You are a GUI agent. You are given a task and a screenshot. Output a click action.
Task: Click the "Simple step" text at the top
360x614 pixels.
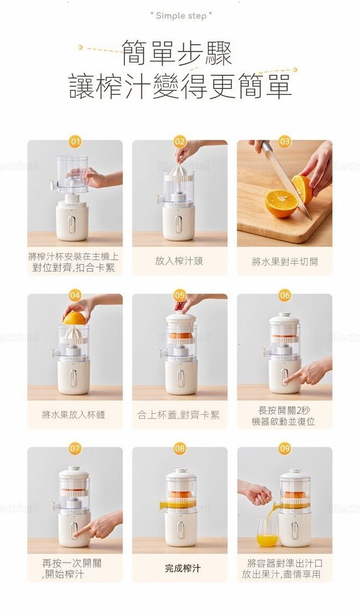181,16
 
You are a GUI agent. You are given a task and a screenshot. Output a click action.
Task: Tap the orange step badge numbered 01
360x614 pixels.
75,141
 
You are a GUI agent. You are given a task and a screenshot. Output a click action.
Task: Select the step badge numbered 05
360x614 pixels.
179,295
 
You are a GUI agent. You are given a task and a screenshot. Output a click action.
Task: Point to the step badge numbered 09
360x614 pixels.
285,449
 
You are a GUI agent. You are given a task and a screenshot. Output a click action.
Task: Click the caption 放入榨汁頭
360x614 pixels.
179,261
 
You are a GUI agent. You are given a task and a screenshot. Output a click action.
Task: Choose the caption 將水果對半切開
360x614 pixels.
285,261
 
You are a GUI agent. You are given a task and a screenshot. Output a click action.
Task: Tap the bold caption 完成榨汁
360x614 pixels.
182,568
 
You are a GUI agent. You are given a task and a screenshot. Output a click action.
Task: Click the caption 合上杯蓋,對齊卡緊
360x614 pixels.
178,415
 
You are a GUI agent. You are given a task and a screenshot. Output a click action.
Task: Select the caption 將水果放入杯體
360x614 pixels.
74,415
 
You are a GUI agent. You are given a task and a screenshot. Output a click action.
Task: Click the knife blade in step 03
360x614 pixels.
286,178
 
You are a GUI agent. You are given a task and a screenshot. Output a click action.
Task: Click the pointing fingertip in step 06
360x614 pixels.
287,380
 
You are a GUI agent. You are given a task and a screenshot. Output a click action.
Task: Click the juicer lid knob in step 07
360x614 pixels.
74,469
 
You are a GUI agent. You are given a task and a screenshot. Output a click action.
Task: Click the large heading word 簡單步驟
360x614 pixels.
177,53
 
